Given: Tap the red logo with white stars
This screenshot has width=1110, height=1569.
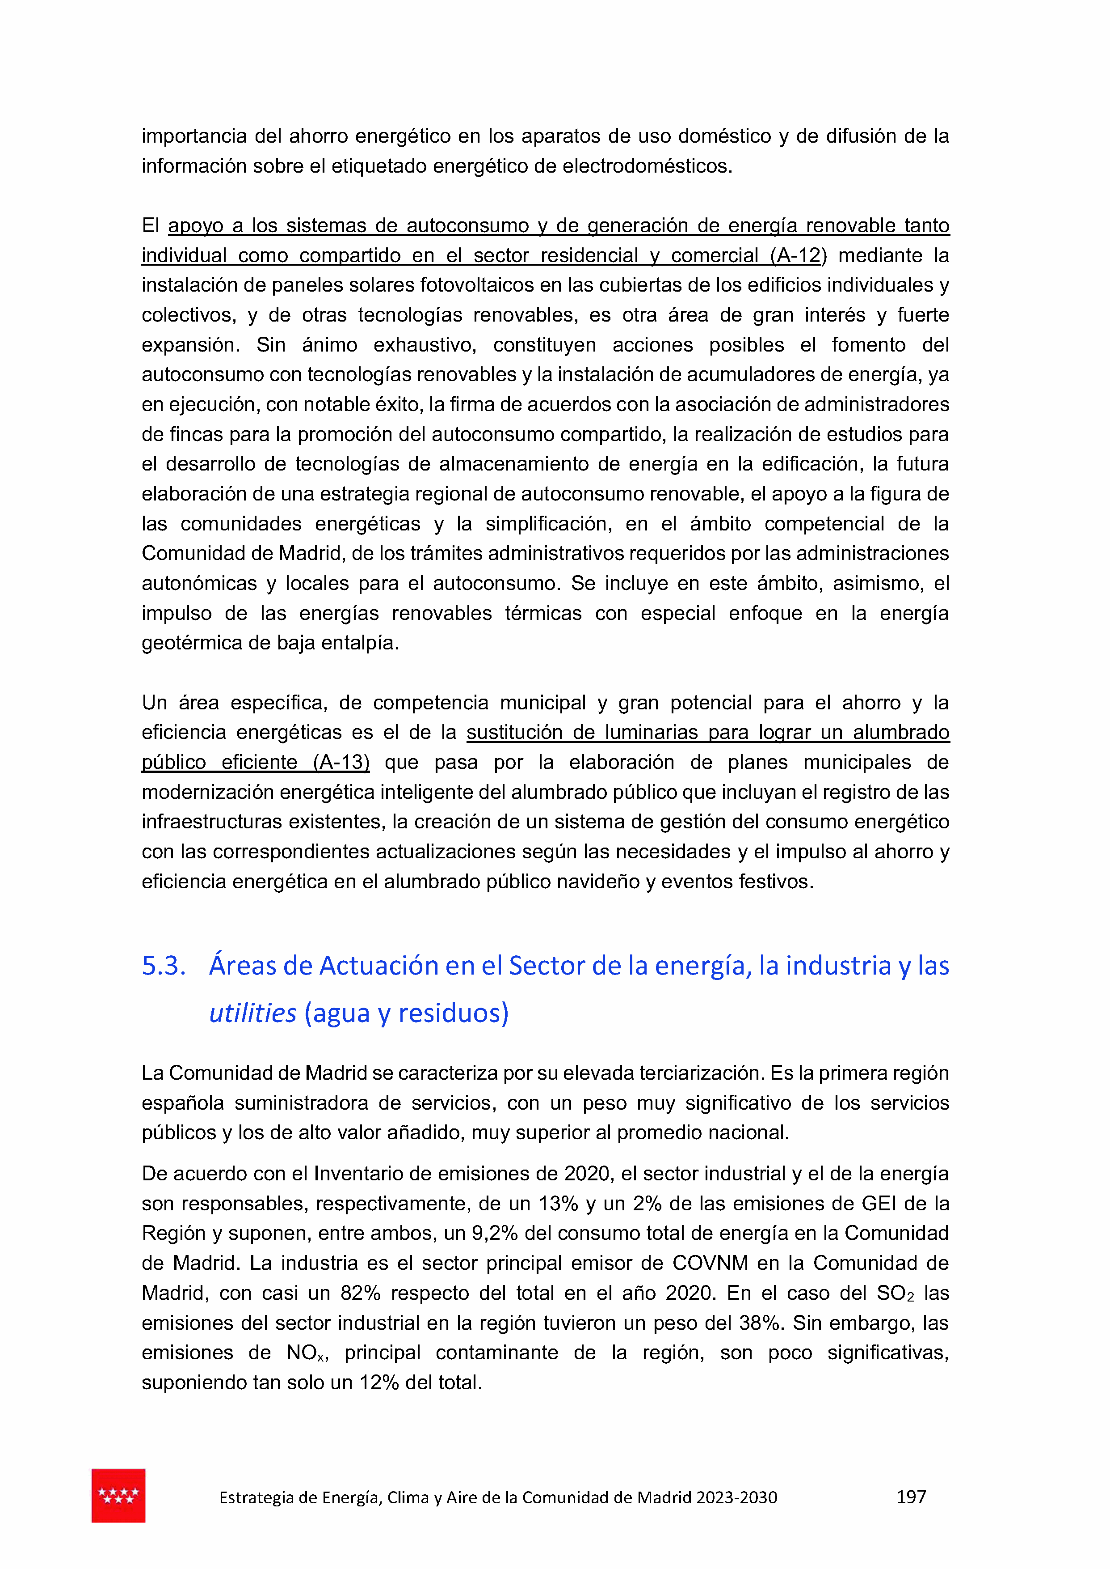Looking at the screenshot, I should coord(118,1495).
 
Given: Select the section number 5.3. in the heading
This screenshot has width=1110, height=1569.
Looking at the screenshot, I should coord(164,966).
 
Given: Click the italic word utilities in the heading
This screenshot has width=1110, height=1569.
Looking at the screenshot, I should coord(252,1013).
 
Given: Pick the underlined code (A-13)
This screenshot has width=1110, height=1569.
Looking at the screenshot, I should coord(341,762).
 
